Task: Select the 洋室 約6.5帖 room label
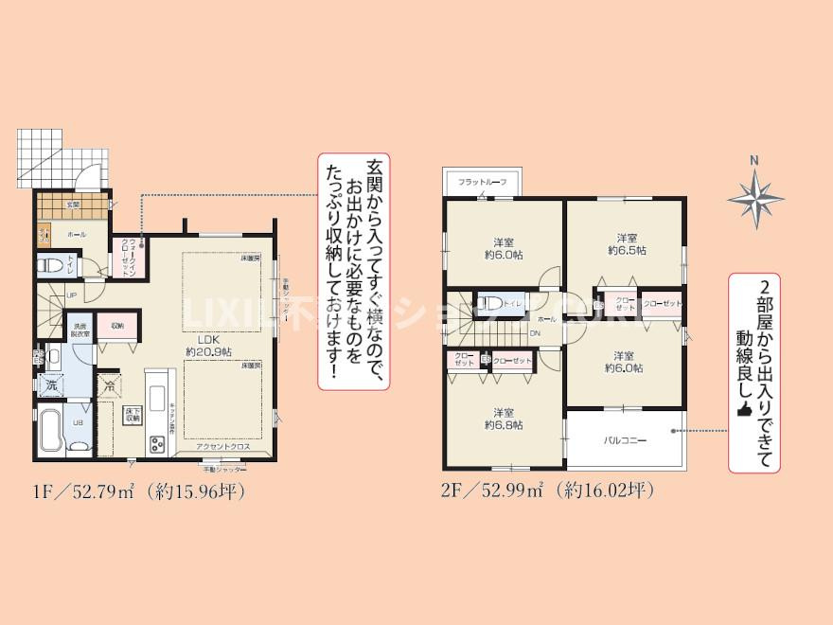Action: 625,244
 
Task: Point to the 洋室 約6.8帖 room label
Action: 502,419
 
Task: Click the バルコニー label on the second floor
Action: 624,440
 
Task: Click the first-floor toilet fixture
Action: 53,266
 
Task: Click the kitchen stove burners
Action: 154,442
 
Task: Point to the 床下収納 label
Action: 133,413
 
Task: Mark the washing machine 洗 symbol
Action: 49,386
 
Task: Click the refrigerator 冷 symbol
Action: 109,386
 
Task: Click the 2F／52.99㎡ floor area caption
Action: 548,491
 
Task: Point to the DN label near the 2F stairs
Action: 535,333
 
